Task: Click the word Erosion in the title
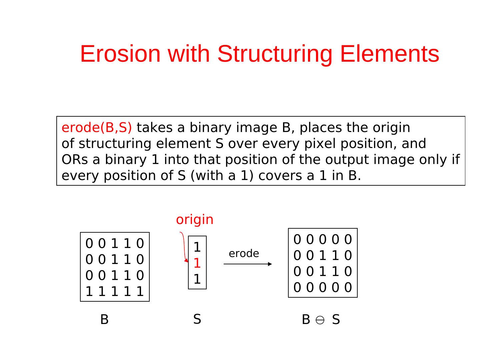pos(120,54)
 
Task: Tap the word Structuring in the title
pos(275,54)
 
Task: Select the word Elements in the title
pos(389,54)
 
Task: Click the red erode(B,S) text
pos(97,128)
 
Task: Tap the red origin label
pos(195,220)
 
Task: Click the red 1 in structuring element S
pos(197,263)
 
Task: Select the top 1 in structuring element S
pos(197,247)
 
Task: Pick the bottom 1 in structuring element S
pos(197,279)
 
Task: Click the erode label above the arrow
pos(244,254)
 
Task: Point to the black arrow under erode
pos(248,264)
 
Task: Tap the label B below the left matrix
pos(104,320)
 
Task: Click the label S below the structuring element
pos(197,319)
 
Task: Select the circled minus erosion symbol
pos(320,320)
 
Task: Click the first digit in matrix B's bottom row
pos(89,292)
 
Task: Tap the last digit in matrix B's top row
pos(140,244)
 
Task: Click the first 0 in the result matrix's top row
pos(297,240)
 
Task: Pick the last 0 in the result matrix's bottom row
pos(348,287)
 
